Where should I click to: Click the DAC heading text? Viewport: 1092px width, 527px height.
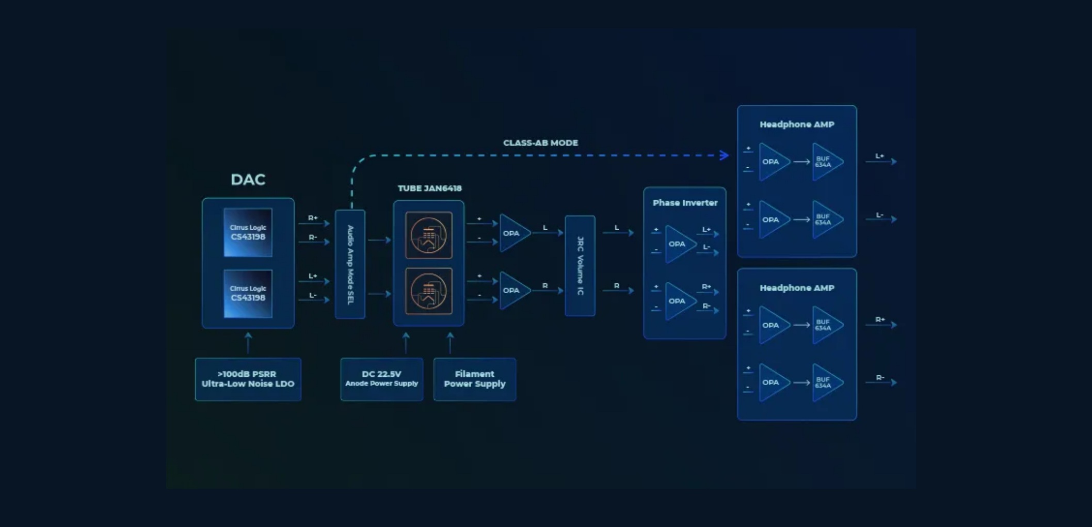[x=248, y=180]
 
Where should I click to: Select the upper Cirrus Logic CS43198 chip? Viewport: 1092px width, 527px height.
[x=248, y=232]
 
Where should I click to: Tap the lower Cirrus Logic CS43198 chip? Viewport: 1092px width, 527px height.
[x=248, y=293]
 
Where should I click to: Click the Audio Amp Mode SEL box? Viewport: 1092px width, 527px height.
[x=350, y=264]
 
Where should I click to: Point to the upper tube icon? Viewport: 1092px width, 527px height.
[x=428, y=235]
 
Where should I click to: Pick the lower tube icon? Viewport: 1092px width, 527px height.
[x=428, y=292]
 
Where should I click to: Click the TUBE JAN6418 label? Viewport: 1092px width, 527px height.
[x=429, y=188]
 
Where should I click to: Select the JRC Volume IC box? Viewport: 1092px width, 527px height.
[x=580, y=266]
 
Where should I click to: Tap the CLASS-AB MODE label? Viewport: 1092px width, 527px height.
[x=540, y=143]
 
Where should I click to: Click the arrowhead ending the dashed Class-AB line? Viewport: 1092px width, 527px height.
[x=725, y=155]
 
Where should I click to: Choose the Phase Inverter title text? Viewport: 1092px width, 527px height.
[x=685, y=203]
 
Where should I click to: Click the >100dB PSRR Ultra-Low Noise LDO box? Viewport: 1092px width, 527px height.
[x=248, y=379]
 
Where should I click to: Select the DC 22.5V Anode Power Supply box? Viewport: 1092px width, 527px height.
[x=381, y=379]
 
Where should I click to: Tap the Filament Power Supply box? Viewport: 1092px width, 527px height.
[x=474, y=379]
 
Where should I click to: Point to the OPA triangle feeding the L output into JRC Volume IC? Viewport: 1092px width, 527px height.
[x=513, y=233]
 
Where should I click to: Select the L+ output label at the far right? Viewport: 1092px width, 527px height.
[x=879, y=156]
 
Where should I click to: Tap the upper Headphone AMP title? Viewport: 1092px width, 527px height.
[x=797, y=124]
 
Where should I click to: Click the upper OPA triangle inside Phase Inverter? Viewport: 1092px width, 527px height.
[x=679, y=244]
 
